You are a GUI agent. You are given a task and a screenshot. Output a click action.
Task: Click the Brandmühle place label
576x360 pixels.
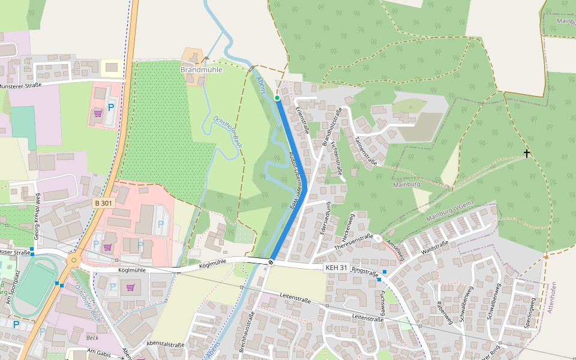pos(202,70)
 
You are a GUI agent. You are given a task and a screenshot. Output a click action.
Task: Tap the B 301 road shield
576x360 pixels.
pos(103,203)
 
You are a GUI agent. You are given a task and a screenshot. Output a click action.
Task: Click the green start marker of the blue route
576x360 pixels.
pos(277,97)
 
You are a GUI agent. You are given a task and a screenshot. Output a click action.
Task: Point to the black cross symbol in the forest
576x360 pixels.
pos(527,154)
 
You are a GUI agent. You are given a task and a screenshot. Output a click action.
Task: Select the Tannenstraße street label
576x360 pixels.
pos(365,151)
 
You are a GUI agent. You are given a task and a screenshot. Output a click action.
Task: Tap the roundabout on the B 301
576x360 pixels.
pos(74,260)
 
